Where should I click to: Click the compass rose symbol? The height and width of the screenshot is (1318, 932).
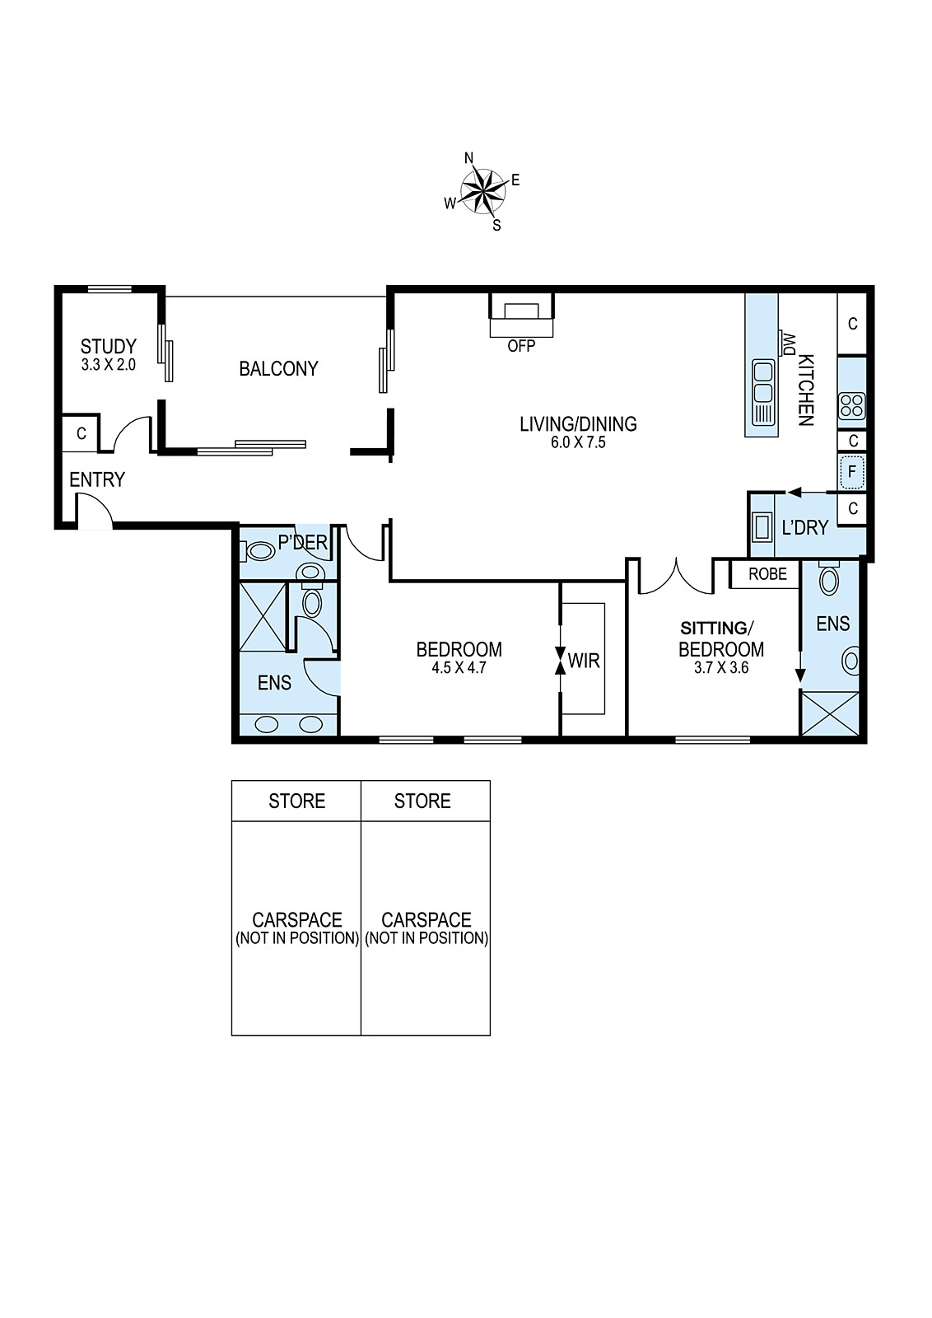point(483,191)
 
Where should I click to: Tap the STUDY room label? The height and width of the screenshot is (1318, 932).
point(108,346)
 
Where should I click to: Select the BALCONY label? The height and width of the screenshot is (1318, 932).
point(278,369)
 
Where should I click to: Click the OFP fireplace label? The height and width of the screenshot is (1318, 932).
point(521,346)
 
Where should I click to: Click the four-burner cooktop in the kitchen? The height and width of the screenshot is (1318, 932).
point(851,406)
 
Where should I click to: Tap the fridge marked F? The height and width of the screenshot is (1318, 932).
point(852,472)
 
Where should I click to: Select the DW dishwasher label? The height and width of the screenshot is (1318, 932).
point(789,344)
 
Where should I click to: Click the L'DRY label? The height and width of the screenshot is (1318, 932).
point(805,528)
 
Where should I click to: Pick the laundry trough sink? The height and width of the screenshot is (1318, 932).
point(762,526)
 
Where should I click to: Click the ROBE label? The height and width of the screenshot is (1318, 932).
point(767,573)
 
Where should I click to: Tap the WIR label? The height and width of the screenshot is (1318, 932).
point(584,661)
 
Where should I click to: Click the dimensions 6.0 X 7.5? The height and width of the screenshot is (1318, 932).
point(578,442)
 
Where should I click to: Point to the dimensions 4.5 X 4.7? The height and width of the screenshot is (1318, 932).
point(459,668)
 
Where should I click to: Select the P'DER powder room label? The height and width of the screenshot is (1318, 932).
point(302,542)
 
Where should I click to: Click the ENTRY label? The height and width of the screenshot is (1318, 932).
point(97,479)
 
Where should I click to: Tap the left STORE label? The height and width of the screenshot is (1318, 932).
point(297,801)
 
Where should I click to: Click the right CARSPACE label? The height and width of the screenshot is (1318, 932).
point(426,919)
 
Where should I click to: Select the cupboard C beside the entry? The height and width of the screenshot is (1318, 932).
point(82,433)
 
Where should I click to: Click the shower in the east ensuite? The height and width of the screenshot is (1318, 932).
point(830,713)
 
